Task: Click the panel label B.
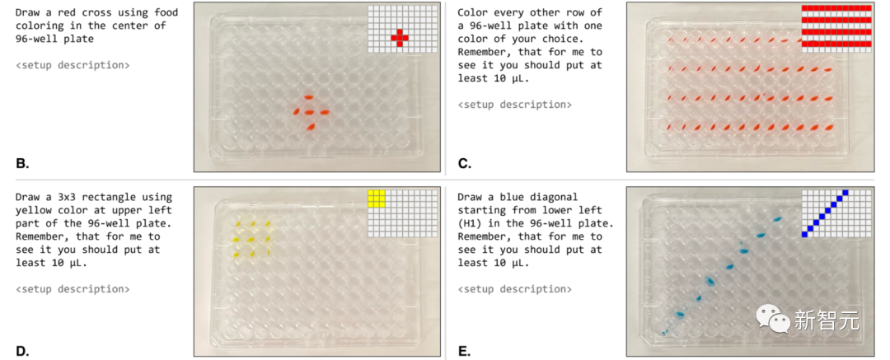click(22, 165)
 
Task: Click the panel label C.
click(464, 165)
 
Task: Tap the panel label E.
click(464, 351)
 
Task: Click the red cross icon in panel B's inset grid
click(399, 37)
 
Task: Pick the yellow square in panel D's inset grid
click(377, 199)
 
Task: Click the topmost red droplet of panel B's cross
click(308, 98)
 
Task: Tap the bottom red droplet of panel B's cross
click(311, 128)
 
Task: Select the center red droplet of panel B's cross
click(309, 112)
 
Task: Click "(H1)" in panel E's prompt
click(470, 223)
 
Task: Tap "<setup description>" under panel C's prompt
click(514, 105)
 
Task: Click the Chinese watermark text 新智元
click(827, 320)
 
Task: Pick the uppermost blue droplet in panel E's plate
click(777, 218)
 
